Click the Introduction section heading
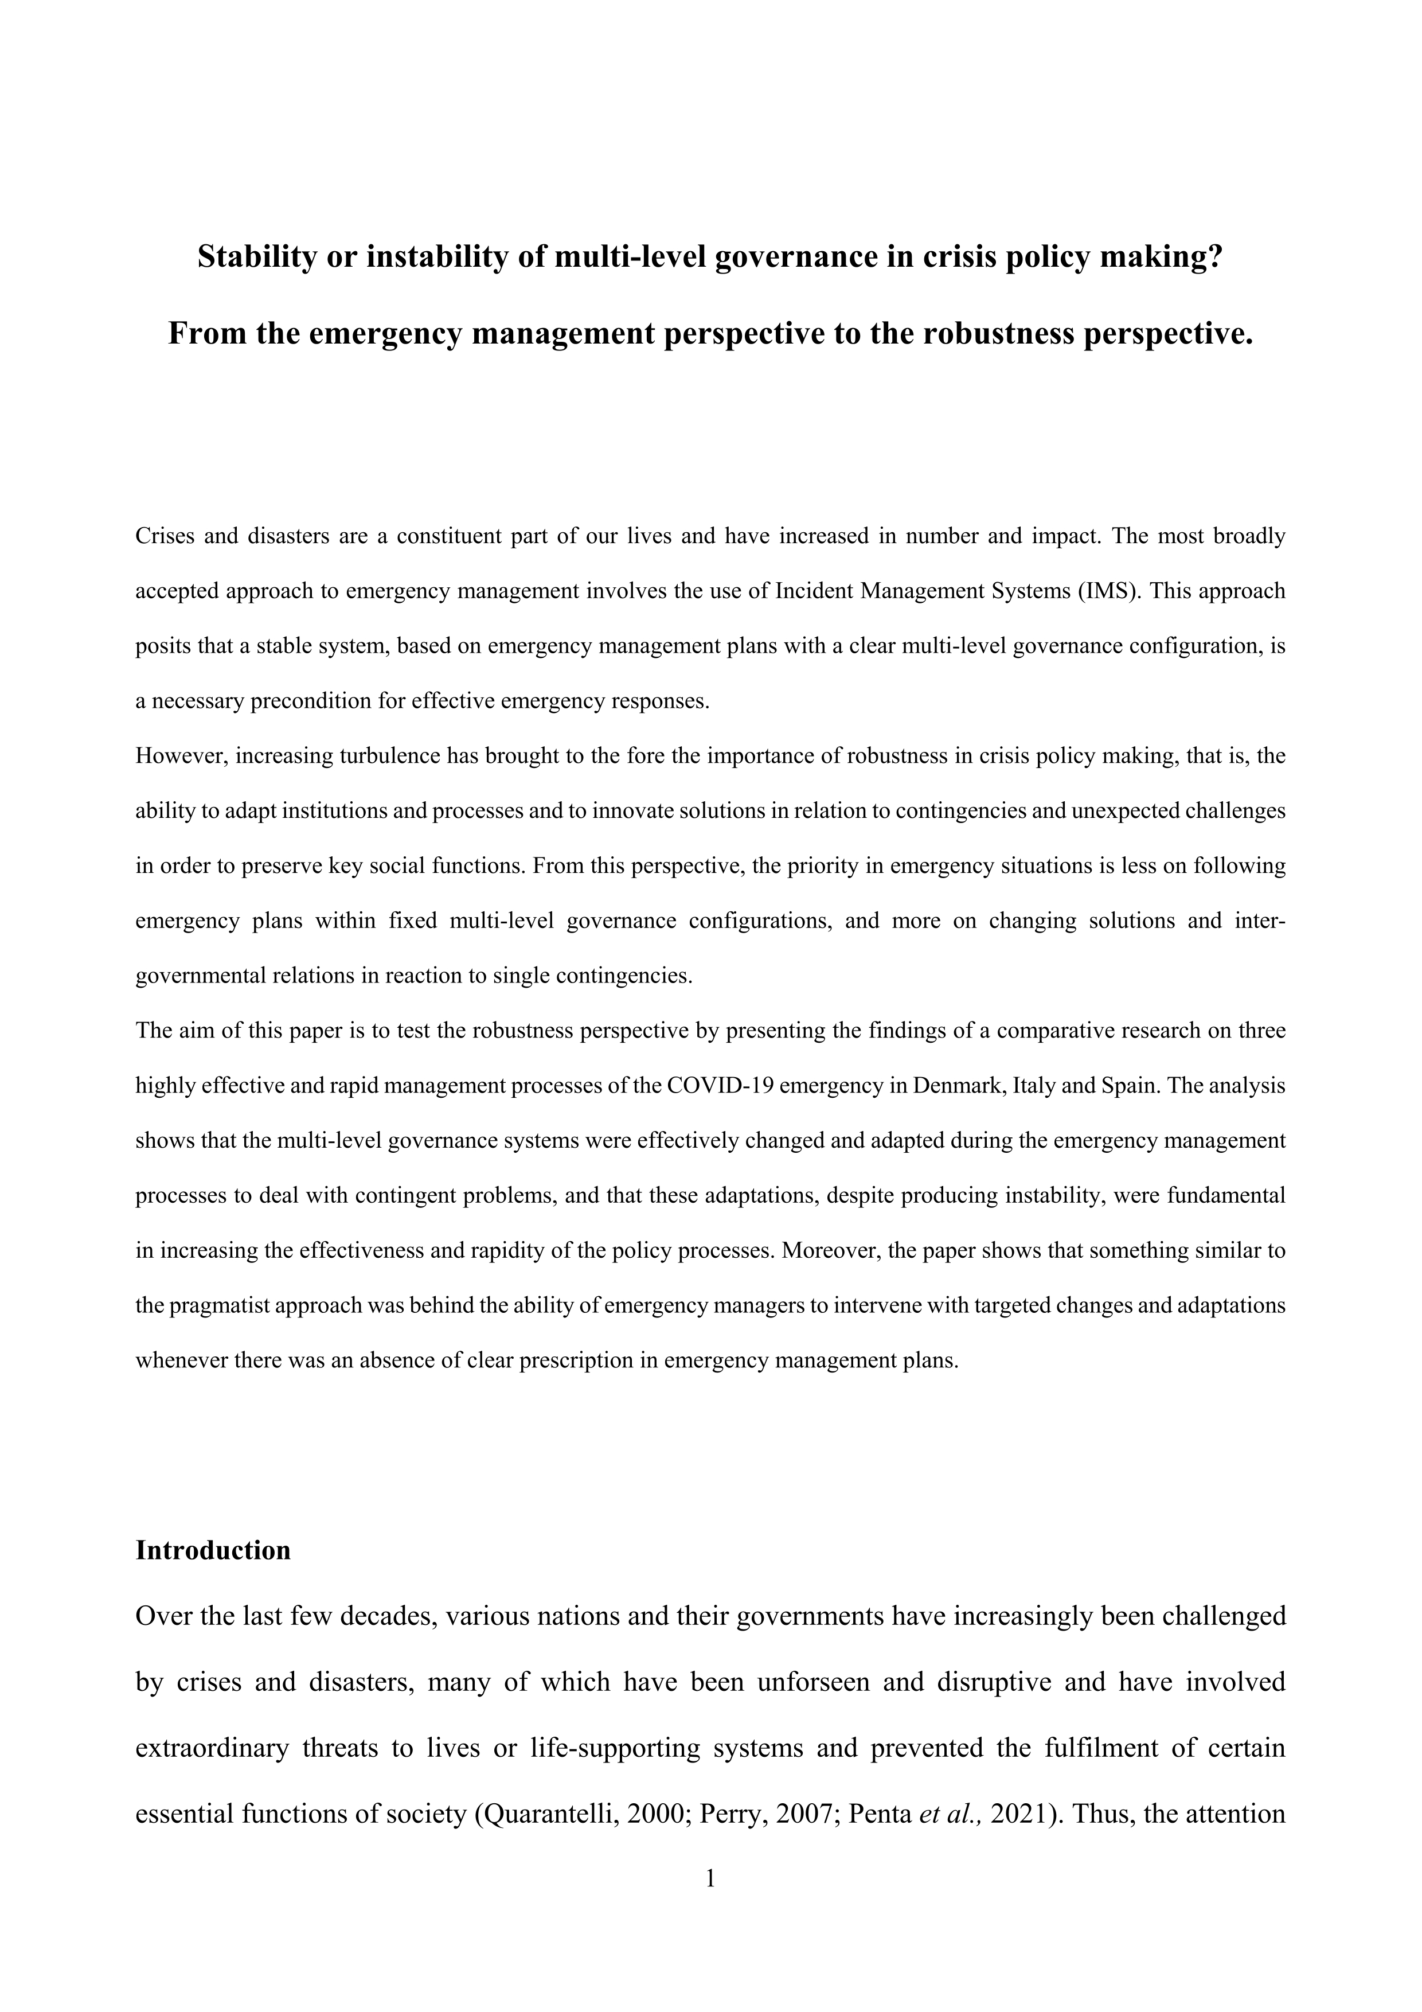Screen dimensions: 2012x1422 click(213, 1550)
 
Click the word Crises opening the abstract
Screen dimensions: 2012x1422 click(163, 536)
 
